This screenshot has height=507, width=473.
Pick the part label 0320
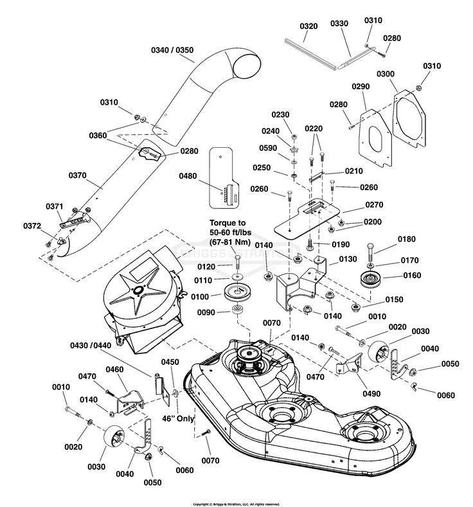pos(309,26)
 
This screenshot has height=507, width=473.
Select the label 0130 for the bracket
pos(348,259)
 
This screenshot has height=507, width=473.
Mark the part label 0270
pos(374,205)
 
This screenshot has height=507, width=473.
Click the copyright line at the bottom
pos(236,503)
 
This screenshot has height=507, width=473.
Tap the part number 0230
pos(281,115)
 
